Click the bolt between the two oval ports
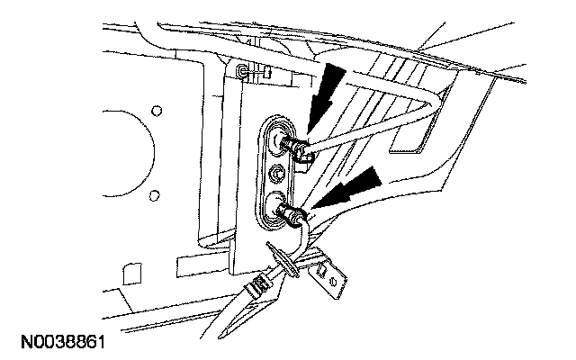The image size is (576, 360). click(277, 172)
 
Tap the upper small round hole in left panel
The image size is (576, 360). click(157, 111)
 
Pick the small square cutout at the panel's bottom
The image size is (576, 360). click(130, 271)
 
